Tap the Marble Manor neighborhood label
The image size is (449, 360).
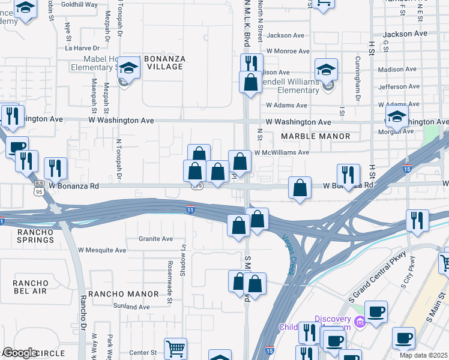pos(316,136)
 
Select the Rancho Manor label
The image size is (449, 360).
pos(124,293)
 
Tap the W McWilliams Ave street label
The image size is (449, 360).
pos(282,152)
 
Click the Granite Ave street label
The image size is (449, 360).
pos(155,239)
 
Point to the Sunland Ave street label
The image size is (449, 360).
pos(131,307)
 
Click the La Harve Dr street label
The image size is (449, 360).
pos(82,47)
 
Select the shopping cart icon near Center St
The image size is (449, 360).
pos(175,347)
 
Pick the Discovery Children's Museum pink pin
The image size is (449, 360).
pos(360,322)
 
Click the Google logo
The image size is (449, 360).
pos(20,353)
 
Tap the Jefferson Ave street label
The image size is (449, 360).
pos(399,86)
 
